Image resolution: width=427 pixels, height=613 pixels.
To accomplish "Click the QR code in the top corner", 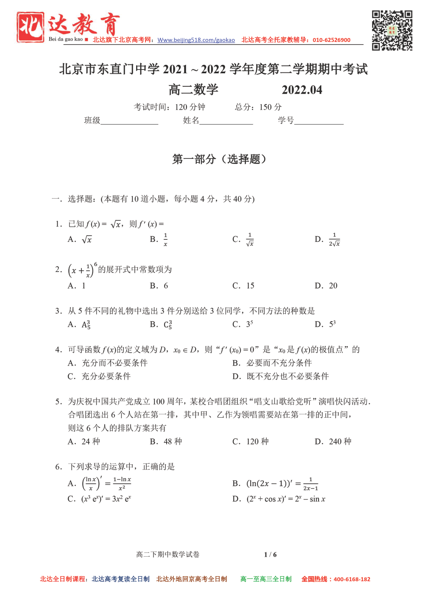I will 392,31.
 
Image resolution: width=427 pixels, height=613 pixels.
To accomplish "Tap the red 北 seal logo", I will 30,27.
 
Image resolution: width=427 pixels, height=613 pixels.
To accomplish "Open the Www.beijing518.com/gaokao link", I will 196,40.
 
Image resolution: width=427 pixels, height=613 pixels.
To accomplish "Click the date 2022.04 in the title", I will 302,90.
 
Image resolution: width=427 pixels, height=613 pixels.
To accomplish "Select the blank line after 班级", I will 129,121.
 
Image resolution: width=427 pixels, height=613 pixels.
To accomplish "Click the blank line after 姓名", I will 226,121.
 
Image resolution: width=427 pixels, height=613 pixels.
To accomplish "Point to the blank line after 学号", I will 319,121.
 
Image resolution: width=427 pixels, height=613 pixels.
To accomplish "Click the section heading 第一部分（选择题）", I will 219,159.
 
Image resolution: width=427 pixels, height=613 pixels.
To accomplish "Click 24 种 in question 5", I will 90,442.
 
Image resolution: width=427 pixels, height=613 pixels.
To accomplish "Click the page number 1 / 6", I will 270,555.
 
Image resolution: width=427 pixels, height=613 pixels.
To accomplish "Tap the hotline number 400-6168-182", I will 352,580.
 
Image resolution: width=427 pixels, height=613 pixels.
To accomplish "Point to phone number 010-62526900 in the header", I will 332,40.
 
